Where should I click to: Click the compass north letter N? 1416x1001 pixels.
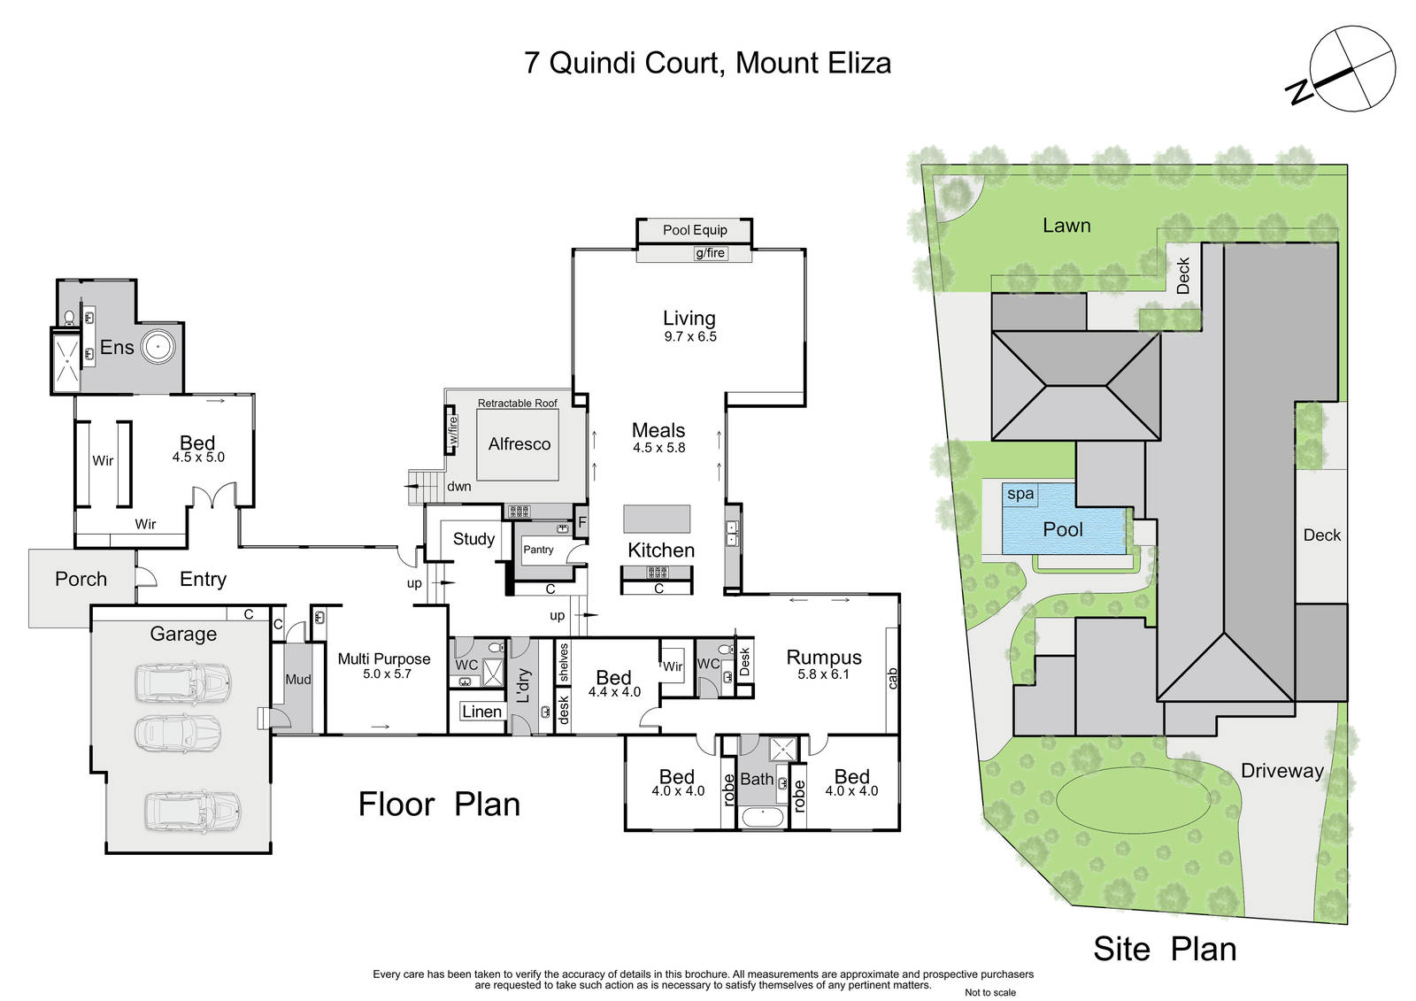[x=1300, y=91]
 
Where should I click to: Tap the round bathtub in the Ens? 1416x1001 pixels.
[x=158, y=347]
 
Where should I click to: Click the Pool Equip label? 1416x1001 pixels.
[x=695, y=230]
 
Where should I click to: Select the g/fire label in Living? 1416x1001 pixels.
[x=710, y=254]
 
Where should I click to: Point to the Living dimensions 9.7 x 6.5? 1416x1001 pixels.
[x=690, y=336]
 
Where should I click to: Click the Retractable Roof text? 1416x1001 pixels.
[x=517, y=403]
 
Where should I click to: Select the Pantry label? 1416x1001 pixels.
[x=538, y=550]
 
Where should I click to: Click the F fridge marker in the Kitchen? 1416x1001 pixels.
[x=582, y=522]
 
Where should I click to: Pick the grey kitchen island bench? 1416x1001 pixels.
[x=657, y=519]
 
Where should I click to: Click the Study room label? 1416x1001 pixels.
[x=473, y=539]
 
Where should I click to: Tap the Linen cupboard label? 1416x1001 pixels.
[x=481, y=712]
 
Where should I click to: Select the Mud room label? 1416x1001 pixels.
[x=297, y=679]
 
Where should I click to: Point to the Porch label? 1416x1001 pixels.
[x=81, y=579]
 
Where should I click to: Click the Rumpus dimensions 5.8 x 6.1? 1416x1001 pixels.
[x=823, y=674]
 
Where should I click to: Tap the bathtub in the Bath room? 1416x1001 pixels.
[x=762, y=816]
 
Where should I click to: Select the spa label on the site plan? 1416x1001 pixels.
[x=1020, y=494]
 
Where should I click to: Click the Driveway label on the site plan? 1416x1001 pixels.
[x=1282, y=771]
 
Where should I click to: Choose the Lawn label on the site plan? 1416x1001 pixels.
[x=1066, y=226]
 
